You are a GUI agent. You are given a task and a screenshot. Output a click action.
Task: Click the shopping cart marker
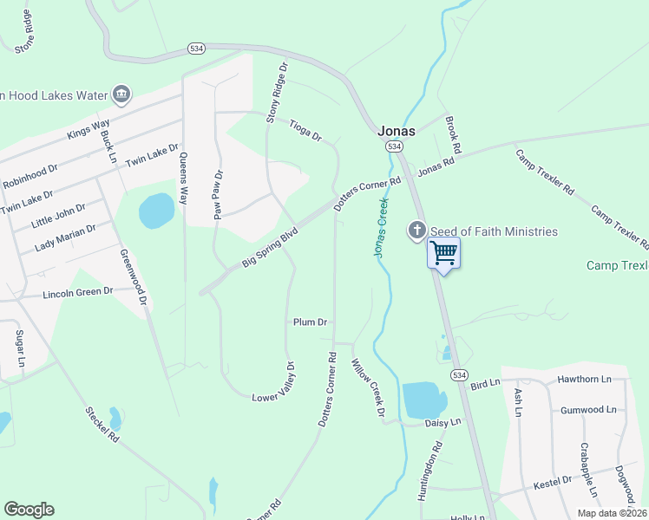pyautogui.click(x=443, y=253)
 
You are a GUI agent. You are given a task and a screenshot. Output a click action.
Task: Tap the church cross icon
pyautogui.click(x=416, y=231)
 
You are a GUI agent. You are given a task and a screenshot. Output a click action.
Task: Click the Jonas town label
pyautogui.click(x=397, y=131)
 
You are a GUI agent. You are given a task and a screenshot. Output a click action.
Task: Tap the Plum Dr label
pyautogui.click(x=310, y=322)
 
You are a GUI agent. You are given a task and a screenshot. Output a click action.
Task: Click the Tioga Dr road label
pyautogui.click(x=305, y=131)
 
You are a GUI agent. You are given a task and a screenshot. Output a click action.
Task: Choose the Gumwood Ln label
pyautogui.click(x=587, y=409)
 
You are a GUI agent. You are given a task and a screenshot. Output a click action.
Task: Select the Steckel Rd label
pyautogui.click(x=102, y=425)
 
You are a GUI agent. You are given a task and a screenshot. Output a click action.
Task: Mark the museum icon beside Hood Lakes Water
pyautogui.click(x=121, y=94)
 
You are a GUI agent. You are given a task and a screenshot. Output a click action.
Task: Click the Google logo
pyautogui.click(x=29, y=510)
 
